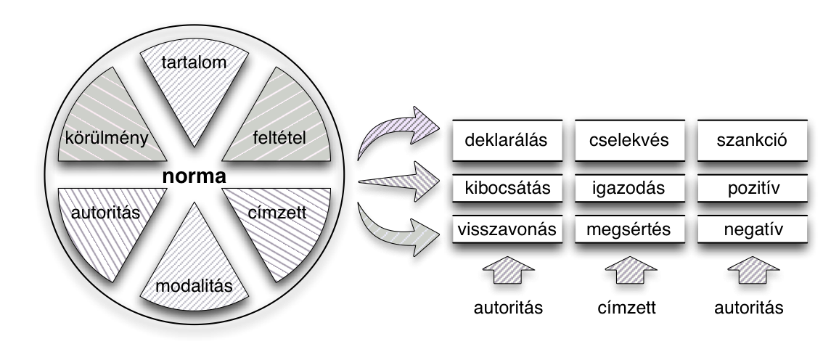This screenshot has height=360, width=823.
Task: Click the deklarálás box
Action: coord(507,140)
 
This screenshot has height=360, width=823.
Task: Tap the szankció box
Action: coord(753,140)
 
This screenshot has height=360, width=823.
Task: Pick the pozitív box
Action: coord(753,189)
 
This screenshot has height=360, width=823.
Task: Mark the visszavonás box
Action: coord(507,230)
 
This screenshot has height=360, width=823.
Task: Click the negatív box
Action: coord(753,230)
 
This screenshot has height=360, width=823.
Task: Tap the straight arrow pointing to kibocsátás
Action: coord(399,185)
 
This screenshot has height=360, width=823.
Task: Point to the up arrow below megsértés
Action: coord(629,276)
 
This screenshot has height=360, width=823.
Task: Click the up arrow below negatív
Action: coord(753,276)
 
